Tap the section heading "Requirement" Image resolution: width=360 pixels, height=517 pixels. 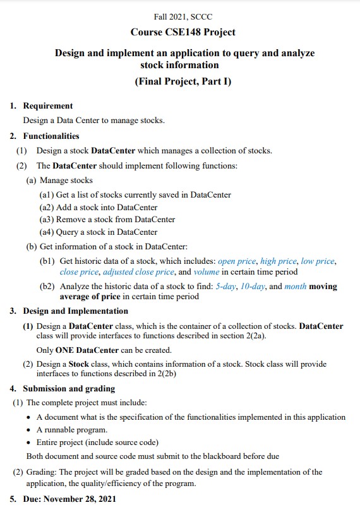tap(48, 106)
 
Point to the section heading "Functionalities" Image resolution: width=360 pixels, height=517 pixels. tap(51, 136)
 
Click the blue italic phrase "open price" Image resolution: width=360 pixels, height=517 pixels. tap(237, 261)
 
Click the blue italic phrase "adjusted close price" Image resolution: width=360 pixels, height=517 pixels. tap(138, 272)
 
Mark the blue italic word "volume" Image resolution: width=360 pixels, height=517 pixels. tap(207, 272)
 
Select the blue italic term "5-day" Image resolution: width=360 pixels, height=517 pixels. tap(227, 286)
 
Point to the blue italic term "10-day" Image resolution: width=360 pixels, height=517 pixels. tap(255, 286)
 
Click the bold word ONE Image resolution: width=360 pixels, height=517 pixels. tap(65, 350)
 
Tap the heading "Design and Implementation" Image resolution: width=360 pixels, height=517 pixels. tap(76, 311)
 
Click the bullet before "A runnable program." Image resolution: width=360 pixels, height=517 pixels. tap(30, 430)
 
